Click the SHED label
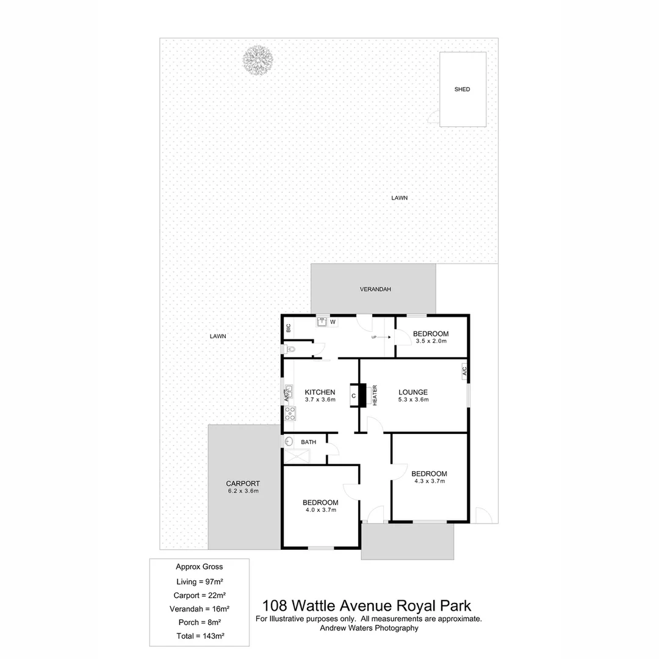click(x=462, y=90)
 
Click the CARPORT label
click(x=243, y=483)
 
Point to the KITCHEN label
click(x=320, y=392)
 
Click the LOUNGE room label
click(x=413, y=392)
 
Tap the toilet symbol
click(x=290, y=350)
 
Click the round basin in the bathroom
click(x=289, y=441)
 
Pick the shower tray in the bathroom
click(x=297, y=456)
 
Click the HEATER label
click(x=375, y=395)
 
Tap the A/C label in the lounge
click(x=464, y=370)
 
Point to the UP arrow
click(x=383, y=337)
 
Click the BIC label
click(x=288, y=328)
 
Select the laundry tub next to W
click(x=322, y=321)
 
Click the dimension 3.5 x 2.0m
click(x=430, y=341)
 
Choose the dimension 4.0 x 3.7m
click(x=320, y=510)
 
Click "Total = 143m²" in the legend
click(x=199, y=636)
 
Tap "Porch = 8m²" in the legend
click(x=199, y=622)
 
